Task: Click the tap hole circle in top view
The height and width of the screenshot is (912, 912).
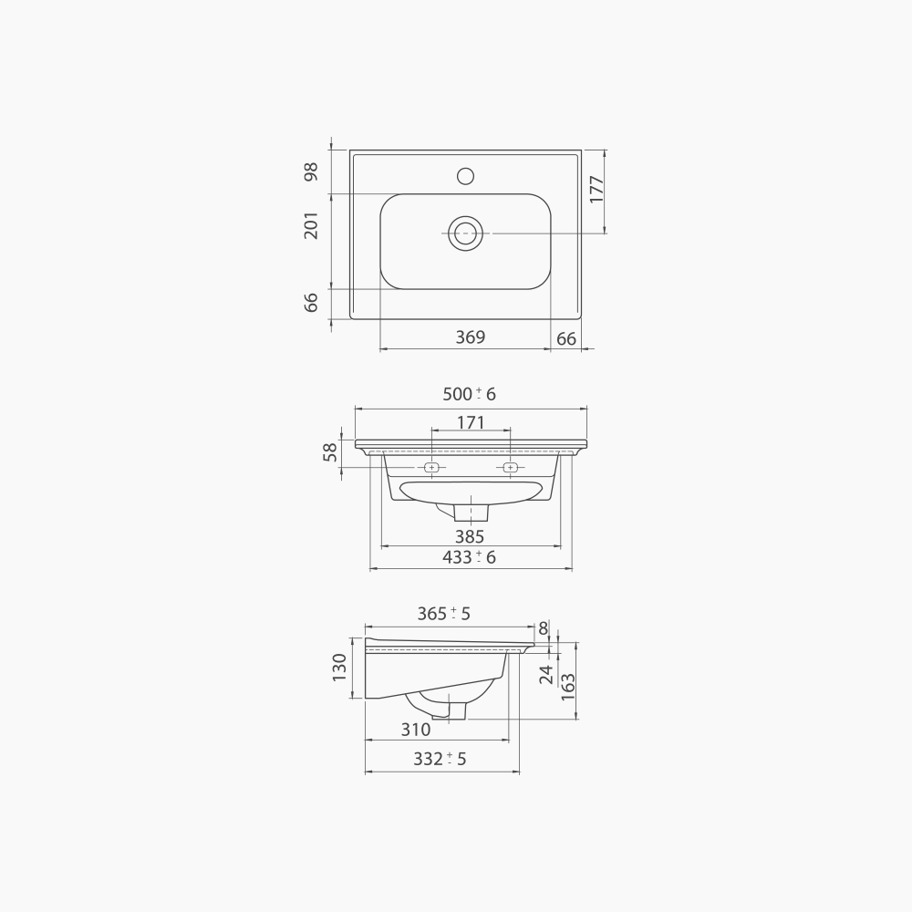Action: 465,174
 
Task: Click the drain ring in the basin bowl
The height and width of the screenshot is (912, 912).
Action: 465,233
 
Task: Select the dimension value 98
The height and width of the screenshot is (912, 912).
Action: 312,171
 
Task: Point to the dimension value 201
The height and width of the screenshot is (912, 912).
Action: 312,225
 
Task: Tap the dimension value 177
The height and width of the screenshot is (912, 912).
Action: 597,189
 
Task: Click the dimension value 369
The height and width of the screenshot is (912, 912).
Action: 470,337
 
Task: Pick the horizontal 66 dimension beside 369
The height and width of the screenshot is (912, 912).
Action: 565,338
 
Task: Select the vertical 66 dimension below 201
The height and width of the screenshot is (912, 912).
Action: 312,303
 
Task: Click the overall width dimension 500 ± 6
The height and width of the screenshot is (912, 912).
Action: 469,394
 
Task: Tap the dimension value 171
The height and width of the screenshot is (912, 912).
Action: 470,422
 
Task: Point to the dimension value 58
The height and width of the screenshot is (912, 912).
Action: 330,451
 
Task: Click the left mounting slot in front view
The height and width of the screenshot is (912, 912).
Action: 432,468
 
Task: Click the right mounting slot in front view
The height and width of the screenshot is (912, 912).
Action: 511,468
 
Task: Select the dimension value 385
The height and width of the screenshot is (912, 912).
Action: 470,537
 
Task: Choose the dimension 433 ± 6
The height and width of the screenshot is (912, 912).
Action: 469,557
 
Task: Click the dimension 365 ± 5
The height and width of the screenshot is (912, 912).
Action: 443,614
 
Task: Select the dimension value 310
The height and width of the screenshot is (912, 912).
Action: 415,730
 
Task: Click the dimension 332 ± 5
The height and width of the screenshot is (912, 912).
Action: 440,759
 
